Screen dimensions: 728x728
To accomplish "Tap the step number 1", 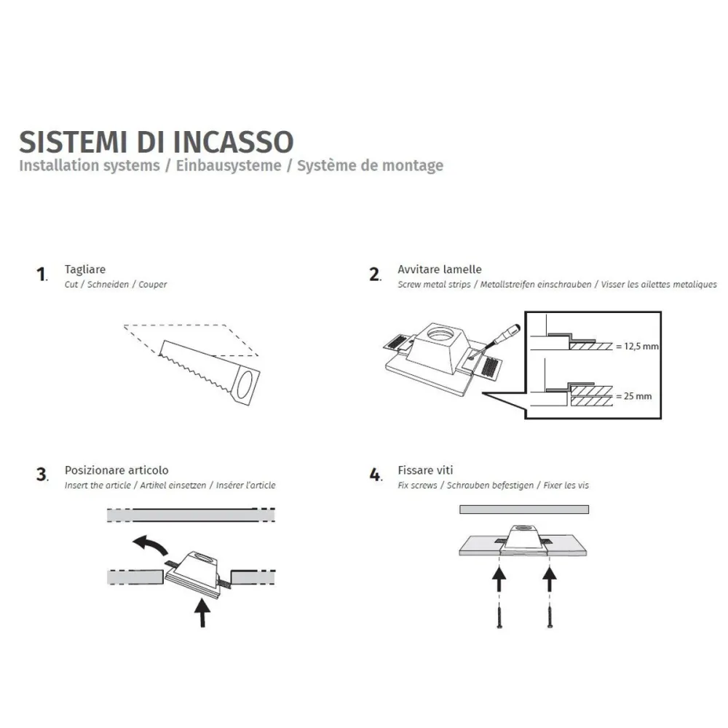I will point(41,274).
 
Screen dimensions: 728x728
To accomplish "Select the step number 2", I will point(375,274).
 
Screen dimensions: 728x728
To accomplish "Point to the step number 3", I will point(41,475).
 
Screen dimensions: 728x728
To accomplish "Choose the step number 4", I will point(375,475).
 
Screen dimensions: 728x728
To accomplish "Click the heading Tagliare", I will point(84,269).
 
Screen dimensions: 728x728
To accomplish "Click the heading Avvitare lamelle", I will point(439,269).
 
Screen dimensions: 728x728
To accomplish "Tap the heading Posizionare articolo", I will point(116,470).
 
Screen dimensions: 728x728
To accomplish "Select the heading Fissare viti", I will point(425,470).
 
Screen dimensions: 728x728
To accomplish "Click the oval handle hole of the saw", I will point(247,384).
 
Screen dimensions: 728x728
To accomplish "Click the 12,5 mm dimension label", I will point(637,346).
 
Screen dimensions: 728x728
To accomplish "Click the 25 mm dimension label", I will point(633,396).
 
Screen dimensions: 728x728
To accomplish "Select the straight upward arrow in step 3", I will point(202,610).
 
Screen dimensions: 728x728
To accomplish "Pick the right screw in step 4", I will point(549,616).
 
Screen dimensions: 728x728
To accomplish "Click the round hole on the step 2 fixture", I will point(442,336).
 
